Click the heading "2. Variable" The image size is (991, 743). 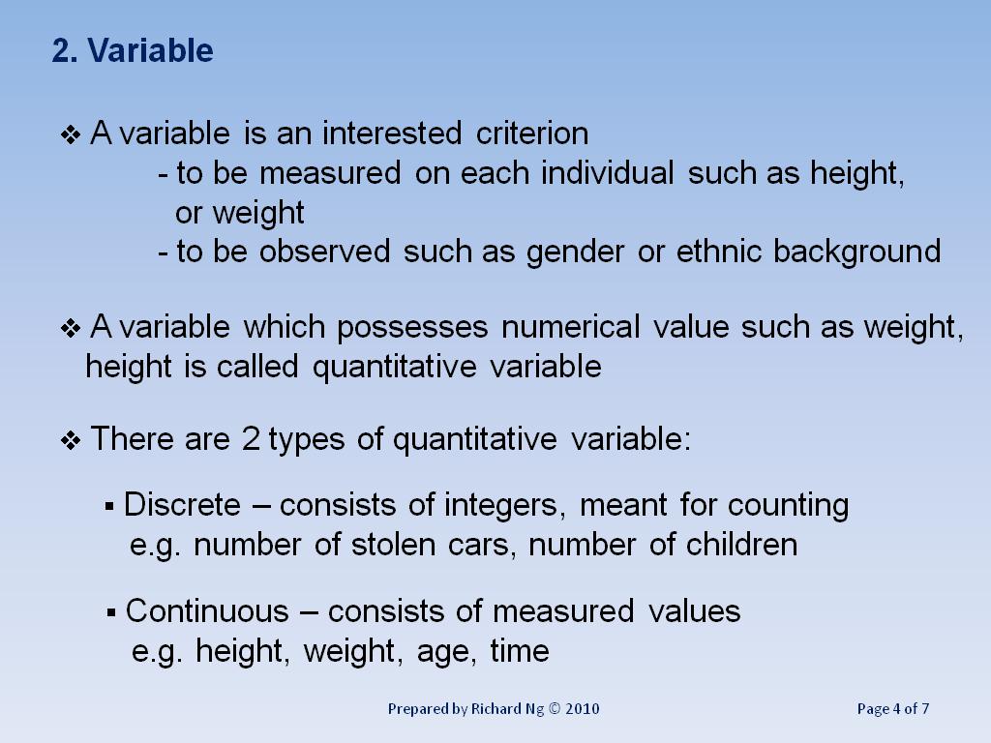(x=133, y=50)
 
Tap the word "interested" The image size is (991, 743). (x=393, y=133)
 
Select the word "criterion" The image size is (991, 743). (x=532, y=133)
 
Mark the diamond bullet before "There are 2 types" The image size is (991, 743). (x=71, y=441)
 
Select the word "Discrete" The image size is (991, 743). (x=182, y=505)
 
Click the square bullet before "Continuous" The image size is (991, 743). (x=112, y=612)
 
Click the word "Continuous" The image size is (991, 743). (x=207, y=611)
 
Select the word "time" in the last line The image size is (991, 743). (x=520, y=651)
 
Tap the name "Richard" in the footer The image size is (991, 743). (x=496, y=709)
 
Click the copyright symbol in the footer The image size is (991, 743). (x=555, y=709)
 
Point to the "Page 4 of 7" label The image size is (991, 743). (x=893, y=709)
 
